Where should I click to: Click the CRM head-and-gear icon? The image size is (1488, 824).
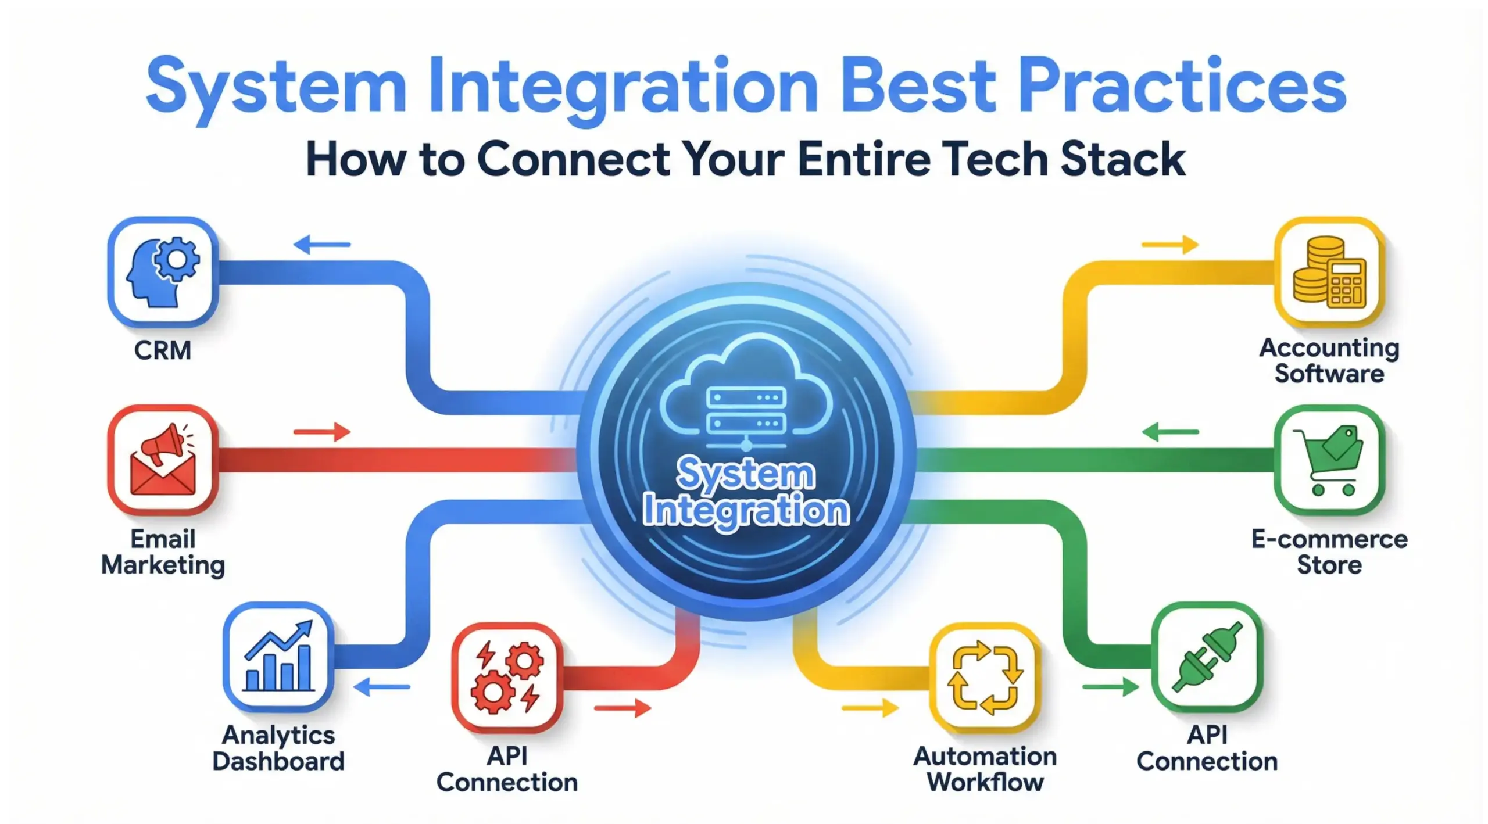163,272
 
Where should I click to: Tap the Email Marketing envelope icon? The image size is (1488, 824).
163,460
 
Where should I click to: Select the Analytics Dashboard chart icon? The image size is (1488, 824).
278,657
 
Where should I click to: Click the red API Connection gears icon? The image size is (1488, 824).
507,678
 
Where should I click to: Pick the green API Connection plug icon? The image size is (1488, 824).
1207,657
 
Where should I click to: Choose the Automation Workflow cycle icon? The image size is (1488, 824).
985,678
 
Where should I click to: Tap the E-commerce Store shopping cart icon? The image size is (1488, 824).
1329,460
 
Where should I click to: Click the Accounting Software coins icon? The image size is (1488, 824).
1329,272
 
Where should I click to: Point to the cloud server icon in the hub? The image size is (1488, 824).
746,395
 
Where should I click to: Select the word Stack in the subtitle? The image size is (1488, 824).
1122,159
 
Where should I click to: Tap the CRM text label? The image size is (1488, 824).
163,350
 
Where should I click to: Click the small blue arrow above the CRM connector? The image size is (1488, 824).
322,245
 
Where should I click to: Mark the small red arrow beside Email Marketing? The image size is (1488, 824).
322,432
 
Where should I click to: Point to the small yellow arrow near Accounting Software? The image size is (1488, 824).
1170,245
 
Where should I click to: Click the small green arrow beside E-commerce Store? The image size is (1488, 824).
1170,432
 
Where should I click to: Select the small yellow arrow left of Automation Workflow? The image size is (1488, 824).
870,708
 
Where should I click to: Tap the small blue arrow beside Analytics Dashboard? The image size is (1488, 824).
381,687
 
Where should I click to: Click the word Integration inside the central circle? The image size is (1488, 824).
746,511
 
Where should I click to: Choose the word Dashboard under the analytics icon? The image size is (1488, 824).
278,761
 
